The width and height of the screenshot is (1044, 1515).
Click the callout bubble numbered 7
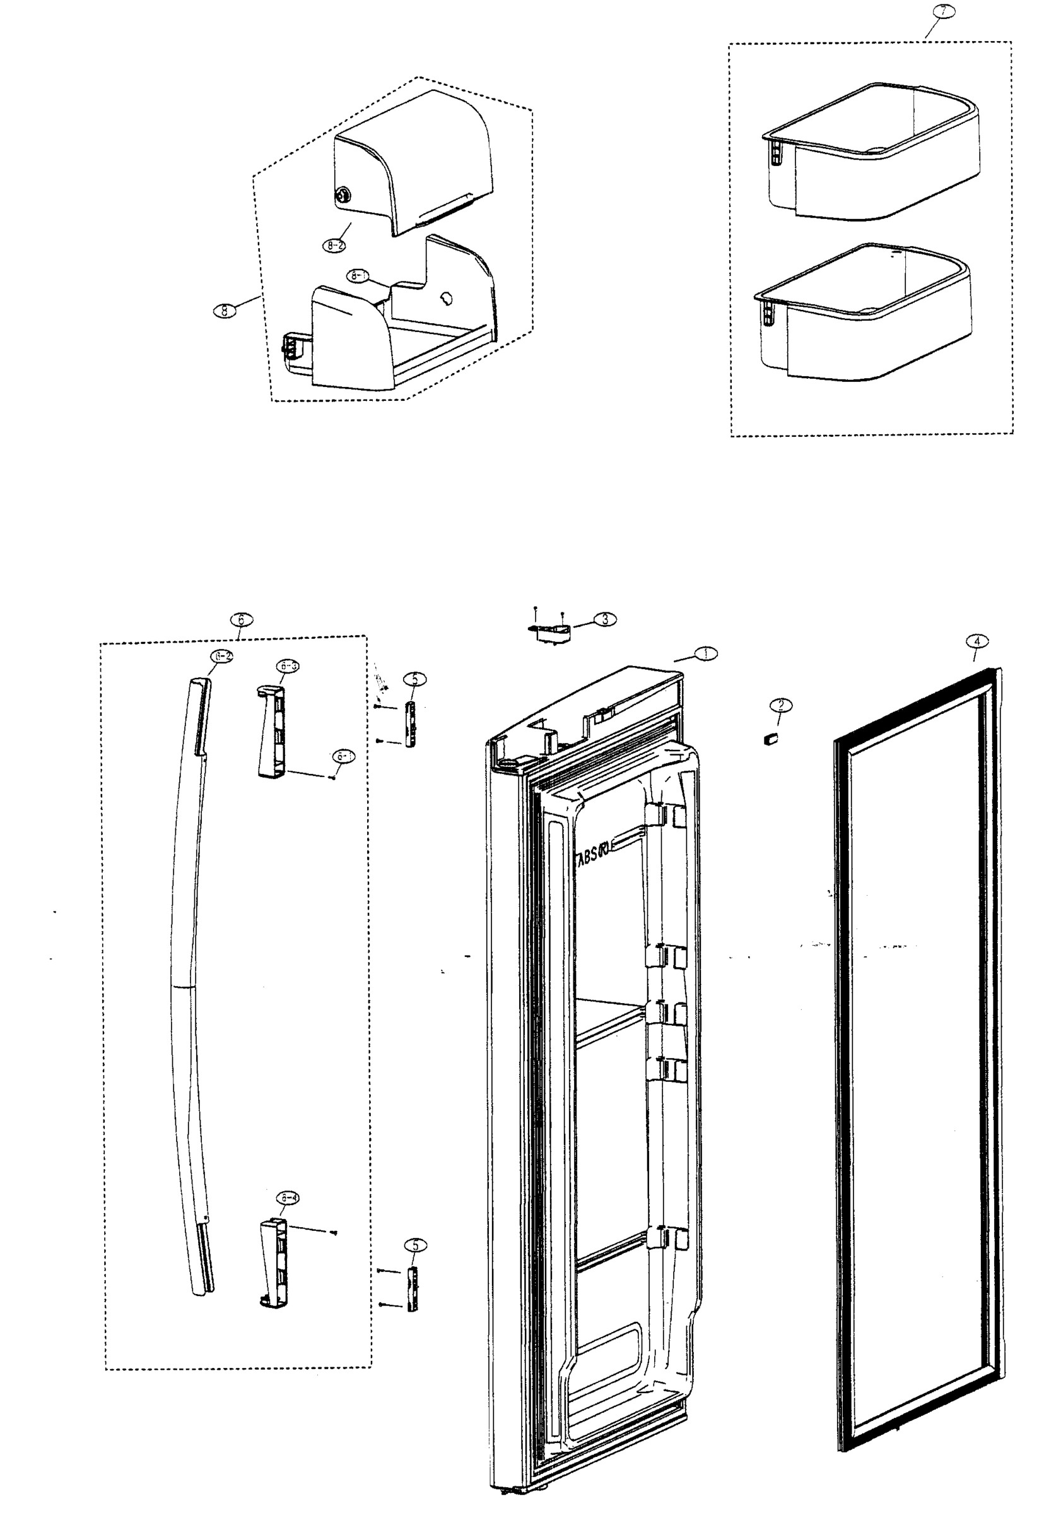[942, 12]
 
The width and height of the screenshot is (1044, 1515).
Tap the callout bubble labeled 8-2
[334, 246]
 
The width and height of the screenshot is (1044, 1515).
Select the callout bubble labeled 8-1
[358, 276]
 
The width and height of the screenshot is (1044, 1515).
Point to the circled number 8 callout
[225, 311]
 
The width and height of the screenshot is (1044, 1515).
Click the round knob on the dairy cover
[342, 194]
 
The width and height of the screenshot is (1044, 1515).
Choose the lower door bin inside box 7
[862, 313]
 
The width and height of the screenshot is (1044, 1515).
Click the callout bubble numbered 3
[604, 619]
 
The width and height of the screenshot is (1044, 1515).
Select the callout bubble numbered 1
[705, 653]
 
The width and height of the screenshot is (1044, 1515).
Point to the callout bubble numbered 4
[977, 641]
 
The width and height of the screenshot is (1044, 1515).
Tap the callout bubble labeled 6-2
[221, 656]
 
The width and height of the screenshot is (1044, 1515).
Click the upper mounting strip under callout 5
[410, 724]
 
